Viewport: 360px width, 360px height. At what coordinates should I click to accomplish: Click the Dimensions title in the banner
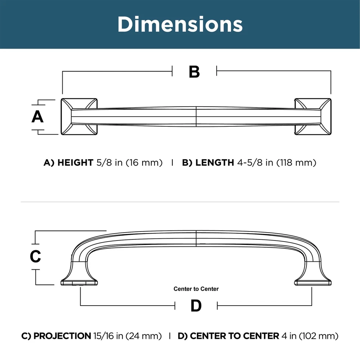180,24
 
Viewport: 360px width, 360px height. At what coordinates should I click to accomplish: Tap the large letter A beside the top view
37,117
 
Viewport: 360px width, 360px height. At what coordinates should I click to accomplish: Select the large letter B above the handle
194,72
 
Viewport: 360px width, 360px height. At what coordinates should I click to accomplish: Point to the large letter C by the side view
35,256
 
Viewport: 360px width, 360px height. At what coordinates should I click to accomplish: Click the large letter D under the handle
196,306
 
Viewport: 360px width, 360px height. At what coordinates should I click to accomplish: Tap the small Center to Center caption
196,289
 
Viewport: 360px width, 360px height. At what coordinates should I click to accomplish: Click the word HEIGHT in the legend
75,163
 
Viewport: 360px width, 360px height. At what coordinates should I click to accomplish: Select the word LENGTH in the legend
215,163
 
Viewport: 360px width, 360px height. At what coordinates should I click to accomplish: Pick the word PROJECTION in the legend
62,336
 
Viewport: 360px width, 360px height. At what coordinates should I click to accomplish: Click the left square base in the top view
79,117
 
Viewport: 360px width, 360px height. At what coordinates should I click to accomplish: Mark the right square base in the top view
313,117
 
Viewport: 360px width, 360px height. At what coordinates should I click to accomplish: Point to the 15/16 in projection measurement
108,336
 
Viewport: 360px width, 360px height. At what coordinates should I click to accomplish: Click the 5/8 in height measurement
109,163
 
